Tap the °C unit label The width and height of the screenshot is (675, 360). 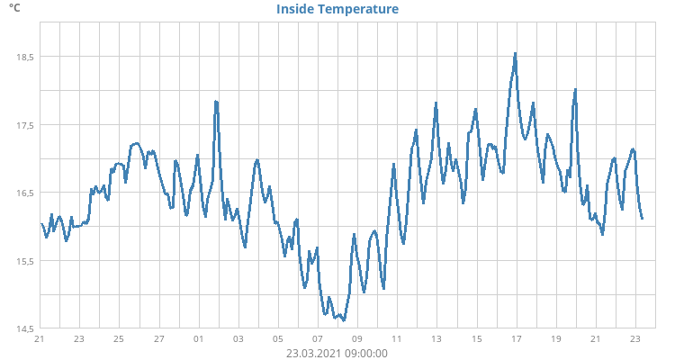(14, 8)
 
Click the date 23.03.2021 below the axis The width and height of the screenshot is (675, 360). (315, 353)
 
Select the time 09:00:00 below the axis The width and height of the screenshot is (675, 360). (366, 353)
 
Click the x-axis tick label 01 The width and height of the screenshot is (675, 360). (199, 339)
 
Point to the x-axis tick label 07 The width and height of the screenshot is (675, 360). (318, 339)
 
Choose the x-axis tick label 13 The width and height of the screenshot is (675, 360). (436, 339)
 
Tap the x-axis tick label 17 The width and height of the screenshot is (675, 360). (516, 339)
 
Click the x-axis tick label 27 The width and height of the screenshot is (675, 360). (158, 339)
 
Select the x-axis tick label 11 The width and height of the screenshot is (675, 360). (397, 339)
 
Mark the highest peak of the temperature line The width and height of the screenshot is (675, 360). (515, 53)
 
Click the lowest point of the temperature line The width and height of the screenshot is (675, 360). (344, 319)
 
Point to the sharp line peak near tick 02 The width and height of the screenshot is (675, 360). (216, 102)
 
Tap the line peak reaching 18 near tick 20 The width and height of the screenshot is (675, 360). (575, 90)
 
